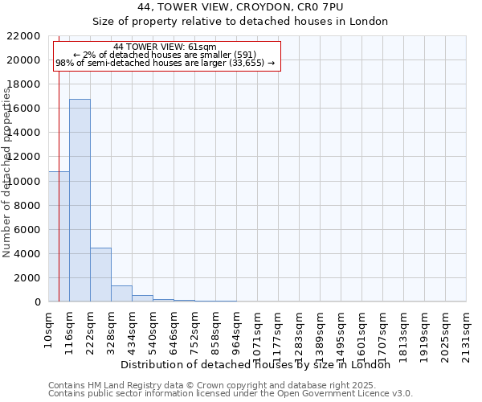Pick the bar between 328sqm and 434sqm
point(121,293)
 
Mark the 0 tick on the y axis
point(38,301)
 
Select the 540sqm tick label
point(153,330)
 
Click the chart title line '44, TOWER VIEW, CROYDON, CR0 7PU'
point(240,6)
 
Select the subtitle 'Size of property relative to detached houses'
point(240,21)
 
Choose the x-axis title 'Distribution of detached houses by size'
point(260,364)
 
